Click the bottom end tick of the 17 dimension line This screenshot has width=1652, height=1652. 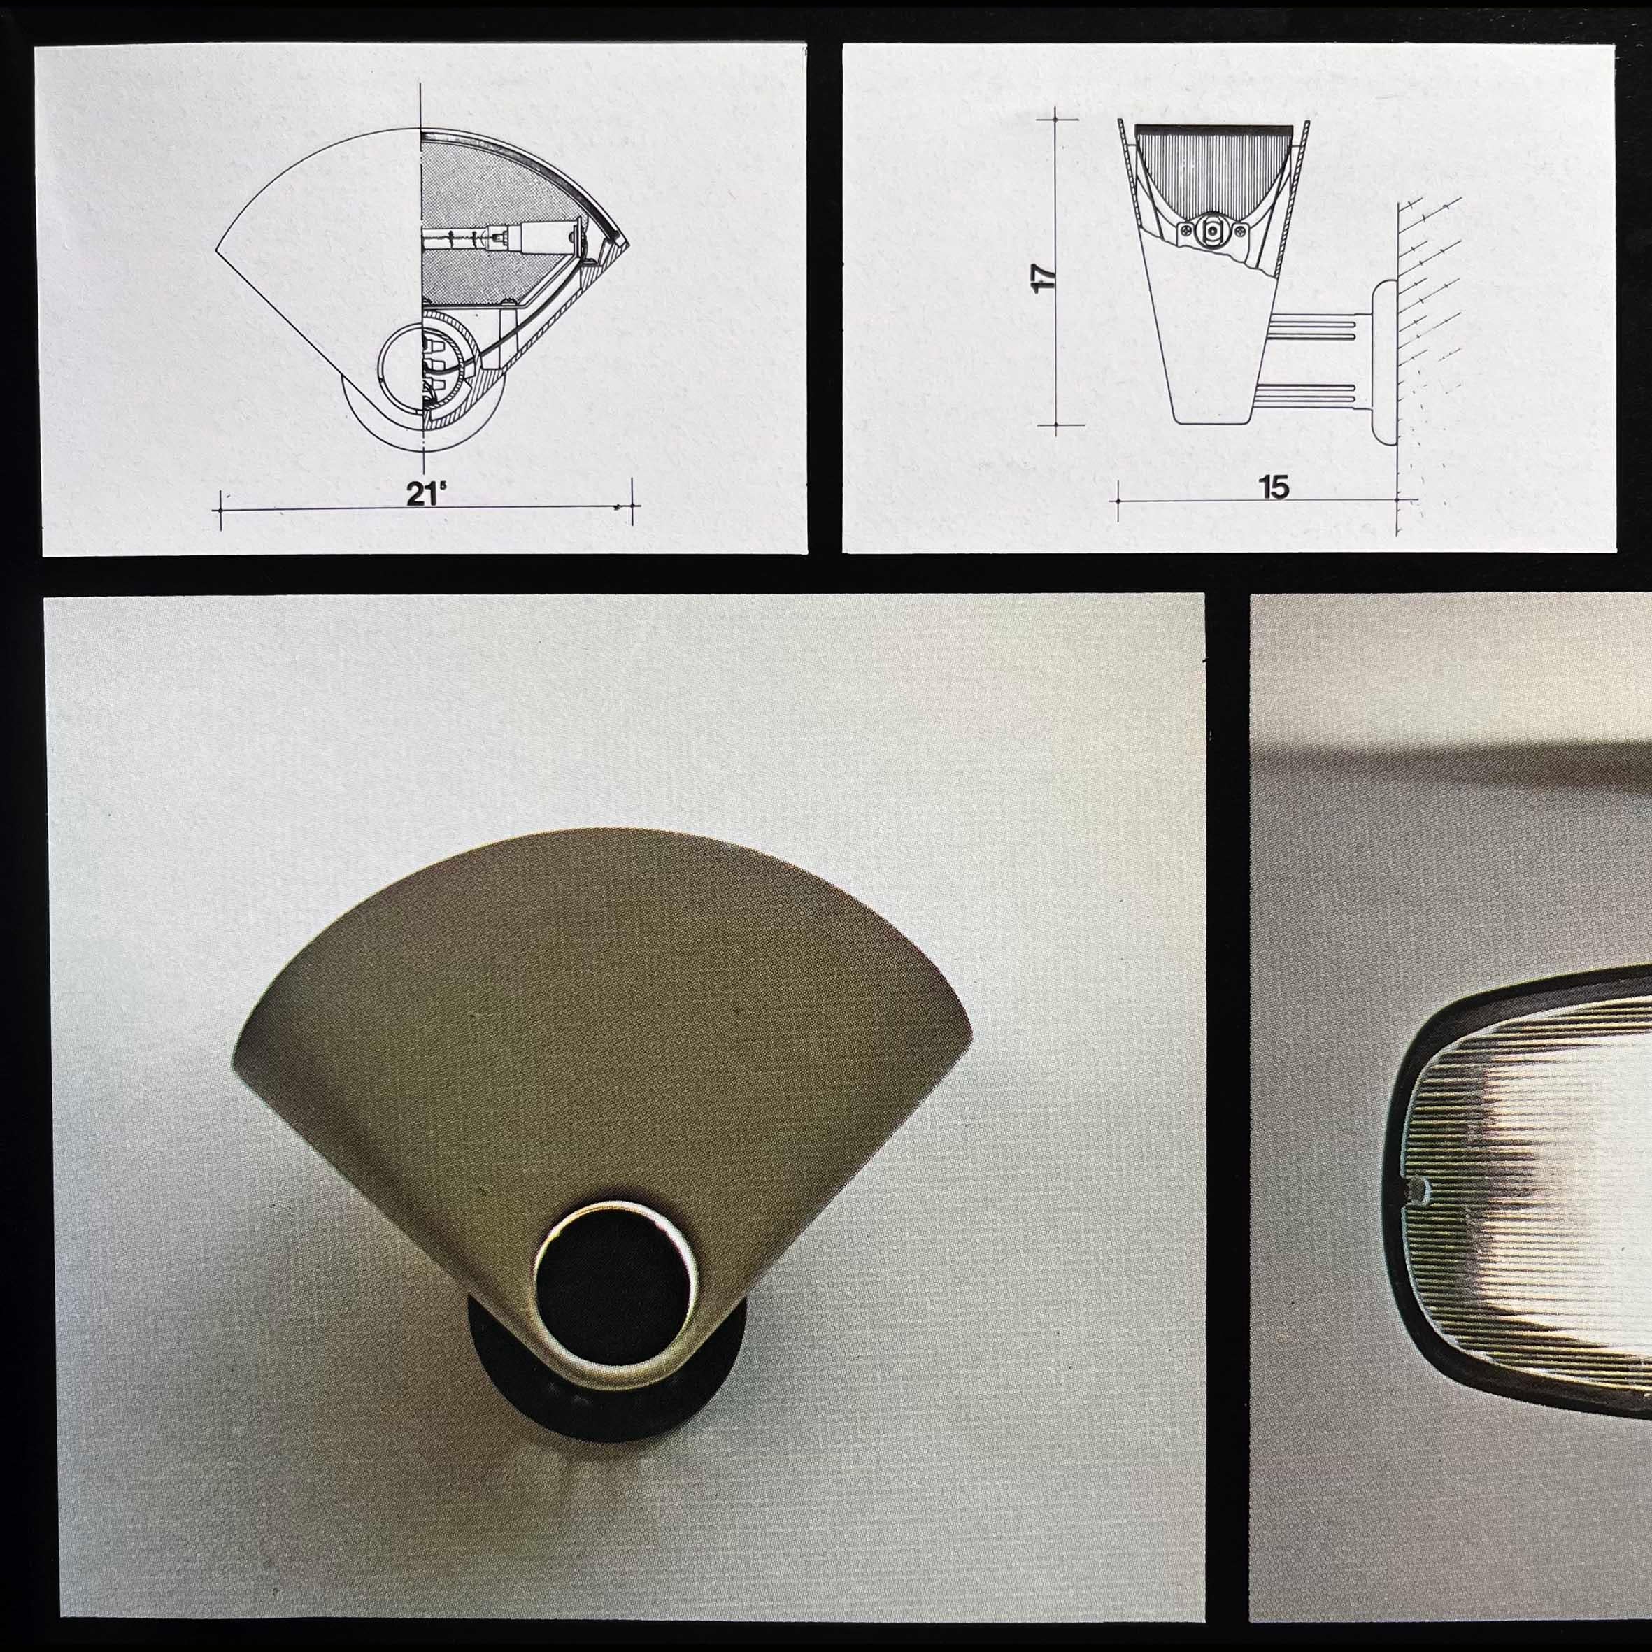click(1056, 424)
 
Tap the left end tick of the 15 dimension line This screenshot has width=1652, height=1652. click(1118, 500)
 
